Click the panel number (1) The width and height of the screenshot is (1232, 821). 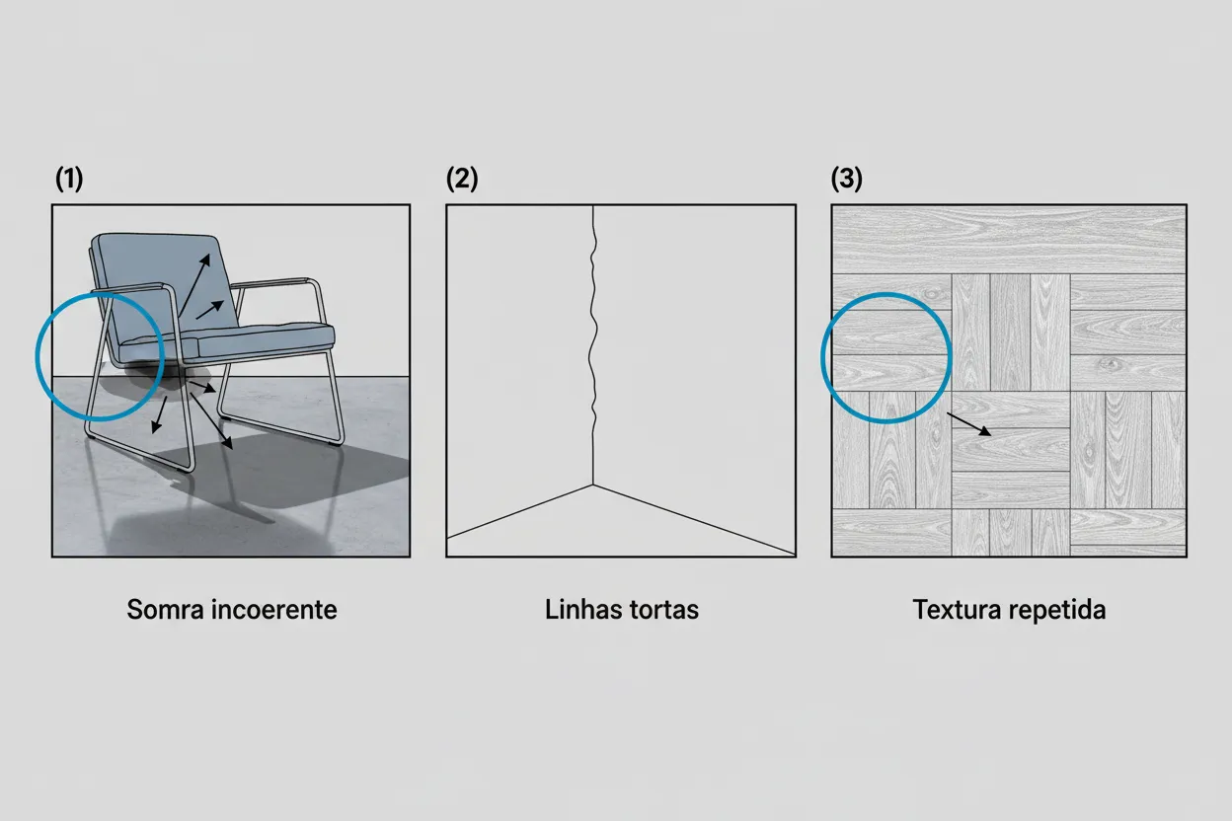coord(69,180)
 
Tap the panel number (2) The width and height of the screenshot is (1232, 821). coord(462,180)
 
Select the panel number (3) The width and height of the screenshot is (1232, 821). coord(847,180)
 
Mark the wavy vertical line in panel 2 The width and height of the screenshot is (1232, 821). coord(591,336)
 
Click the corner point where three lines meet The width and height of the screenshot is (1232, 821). coord(592,484)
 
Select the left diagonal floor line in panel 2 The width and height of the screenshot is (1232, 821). coord(518,511)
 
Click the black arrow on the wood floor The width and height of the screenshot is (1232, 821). coord(969,424)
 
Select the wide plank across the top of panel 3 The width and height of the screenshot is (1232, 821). coord(1008,239)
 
